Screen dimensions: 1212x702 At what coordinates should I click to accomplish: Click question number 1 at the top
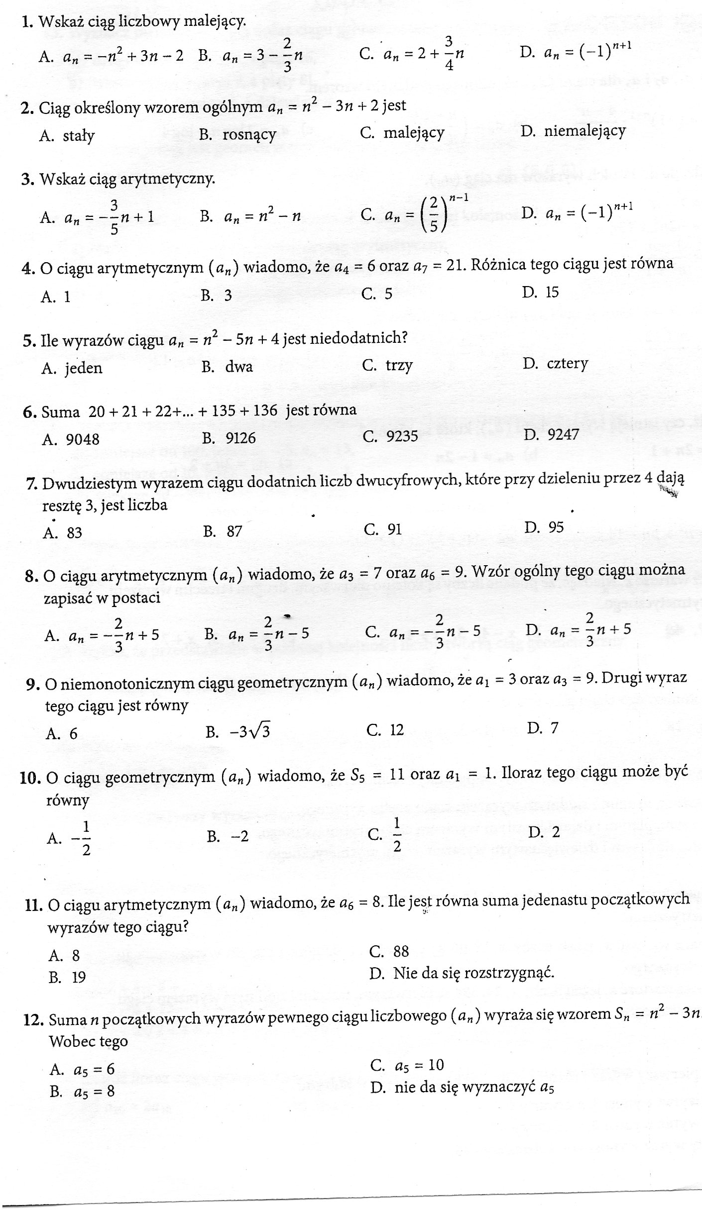tap(27, 21)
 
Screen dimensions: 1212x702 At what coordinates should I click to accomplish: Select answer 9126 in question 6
tap(240, 438)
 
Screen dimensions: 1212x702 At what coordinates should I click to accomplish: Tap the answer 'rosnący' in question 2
tap(249, 135)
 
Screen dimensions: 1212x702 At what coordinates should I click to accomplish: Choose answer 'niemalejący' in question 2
tap(585, 131)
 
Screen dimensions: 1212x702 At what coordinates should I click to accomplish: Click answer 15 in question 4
tap(552, 292)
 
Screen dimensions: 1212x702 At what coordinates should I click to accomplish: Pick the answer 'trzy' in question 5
tap(399, 366)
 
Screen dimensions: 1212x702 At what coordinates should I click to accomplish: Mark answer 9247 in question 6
tap(563, 435)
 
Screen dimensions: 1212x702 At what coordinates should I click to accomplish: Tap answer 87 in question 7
tap(234, 531)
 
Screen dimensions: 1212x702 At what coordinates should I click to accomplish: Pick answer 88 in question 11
tap(401, 951)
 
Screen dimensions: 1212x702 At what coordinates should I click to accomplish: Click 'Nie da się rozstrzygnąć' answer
tap(473, 973)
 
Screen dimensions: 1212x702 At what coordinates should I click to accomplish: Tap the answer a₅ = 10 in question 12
tap(419, 1065)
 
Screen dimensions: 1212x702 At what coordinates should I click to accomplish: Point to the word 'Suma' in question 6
tap(61, 412)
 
